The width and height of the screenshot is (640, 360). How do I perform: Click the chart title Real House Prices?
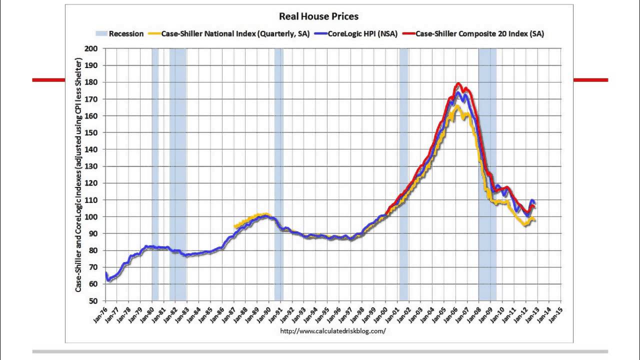(x=318, y=16)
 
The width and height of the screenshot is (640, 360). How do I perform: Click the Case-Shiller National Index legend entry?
(x=235, y=33)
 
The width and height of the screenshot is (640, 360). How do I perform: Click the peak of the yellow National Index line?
(x=456, y=106)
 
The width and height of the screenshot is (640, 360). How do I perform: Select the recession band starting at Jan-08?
(x=487, y=175)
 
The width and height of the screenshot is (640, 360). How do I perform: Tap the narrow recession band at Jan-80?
(x=155, y=175)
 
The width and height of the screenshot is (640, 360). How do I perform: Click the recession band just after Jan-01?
(x=403, y=175)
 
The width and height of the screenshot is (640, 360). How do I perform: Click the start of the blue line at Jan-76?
(x=106, y=273)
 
